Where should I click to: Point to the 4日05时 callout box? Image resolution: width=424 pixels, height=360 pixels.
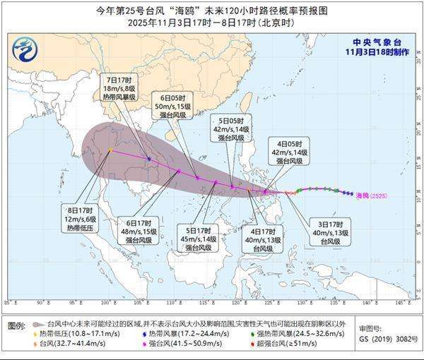tap(291, 150)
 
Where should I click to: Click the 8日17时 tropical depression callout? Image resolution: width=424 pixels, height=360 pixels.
tap(80, 219)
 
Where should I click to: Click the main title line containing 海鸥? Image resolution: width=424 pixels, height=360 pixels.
tap(212, 11)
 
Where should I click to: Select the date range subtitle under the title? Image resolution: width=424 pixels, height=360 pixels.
tap(212, 23)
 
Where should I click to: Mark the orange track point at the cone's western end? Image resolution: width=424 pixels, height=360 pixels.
tap(110, 150)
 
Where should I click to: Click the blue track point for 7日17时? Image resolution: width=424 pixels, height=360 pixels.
tap(148, 159)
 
